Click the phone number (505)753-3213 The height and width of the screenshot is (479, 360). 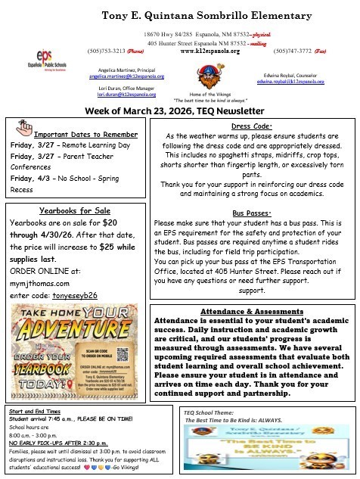coord(104,52)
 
